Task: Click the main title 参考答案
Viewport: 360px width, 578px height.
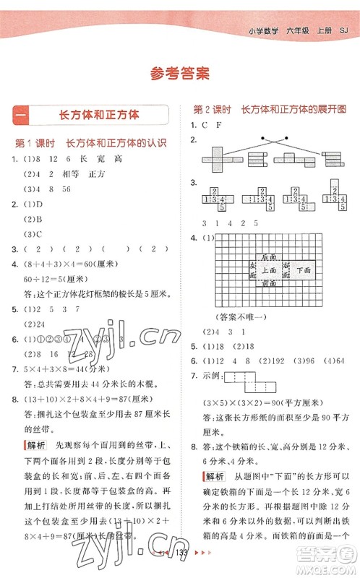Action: (179, 72)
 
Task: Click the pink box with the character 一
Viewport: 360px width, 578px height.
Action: (21, 114)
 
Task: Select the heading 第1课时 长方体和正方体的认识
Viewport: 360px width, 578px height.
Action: (91, 142)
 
